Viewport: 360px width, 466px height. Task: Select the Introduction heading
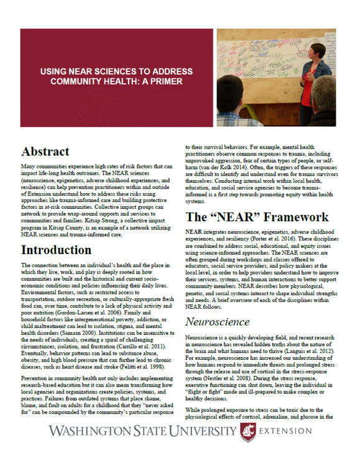pos(65,250)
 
